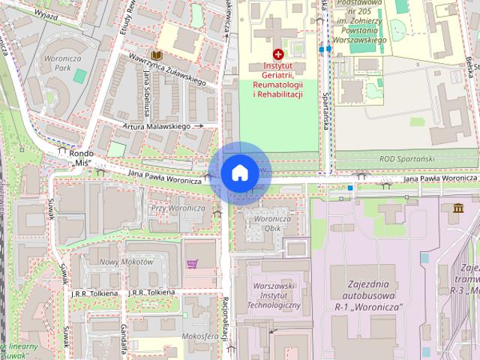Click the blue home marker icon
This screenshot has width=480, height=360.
tap(239, 173)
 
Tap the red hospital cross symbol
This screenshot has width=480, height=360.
tap(278, 55)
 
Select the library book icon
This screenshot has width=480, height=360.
tap(157, 55)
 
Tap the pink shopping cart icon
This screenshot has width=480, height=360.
tap(193, 264)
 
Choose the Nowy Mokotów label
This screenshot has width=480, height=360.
tap(126, 262)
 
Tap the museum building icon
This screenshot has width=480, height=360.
tap(457, 207)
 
